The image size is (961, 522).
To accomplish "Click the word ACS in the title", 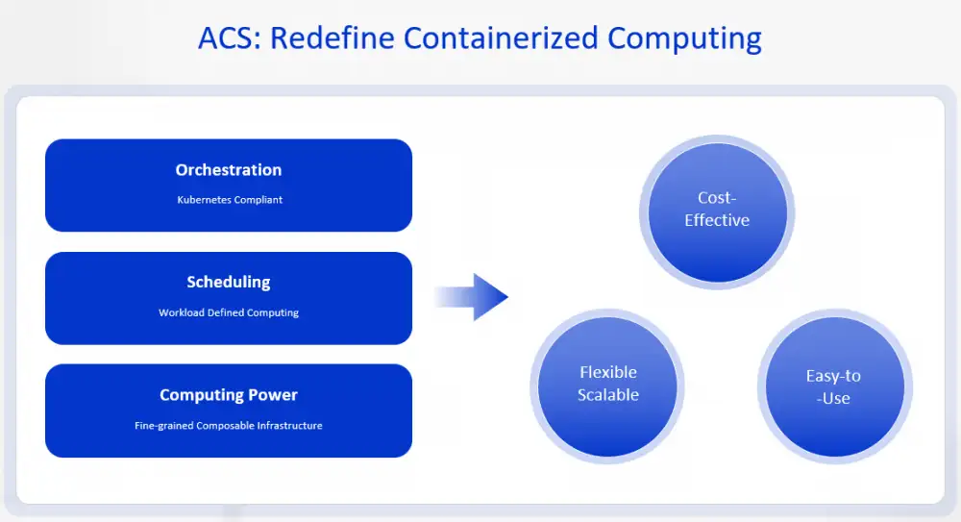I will [x=229, y=38].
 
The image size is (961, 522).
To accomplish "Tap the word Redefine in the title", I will [x=333, y=38].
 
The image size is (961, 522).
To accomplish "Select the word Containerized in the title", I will [x=502, y=38].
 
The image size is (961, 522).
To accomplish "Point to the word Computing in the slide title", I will [x=684, y=38].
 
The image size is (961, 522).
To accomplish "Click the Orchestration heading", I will [x=229, y=170].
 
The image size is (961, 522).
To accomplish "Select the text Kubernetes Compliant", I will [x=229, y=200].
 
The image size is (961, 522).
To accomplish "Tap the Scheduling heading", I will [x=229, y=283].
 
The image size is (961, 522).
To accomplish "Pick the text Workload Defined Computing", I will [x=229, y=312].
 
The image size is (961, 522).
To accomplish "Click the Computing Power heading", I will [x=229, y=395].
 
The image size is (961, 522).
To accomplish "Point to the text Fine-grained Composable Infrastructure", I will [x=229, y=425].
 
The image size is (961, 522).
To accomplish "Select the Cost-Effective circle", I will [x=717, y=211].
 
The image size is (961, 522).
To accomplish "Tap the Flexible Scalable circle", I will [x=608, y=385].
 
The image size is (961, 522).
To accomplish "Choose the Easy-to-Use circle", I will [x=834, y=387].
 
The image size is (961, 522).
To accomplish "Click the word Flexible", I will [x=608, y=373].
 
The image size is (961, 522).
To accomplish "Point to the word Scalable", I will [x=608, y=395].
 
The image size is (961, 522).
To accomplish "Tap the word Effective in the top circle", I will [x=717, y=220].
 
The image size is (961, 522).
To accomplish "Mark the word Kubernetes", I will [x=204, y=200].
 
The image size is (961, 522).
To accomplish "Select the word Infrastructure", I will [x=285, y=425].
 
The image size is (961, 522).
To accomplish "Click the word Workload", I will [x=182, y=312].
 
